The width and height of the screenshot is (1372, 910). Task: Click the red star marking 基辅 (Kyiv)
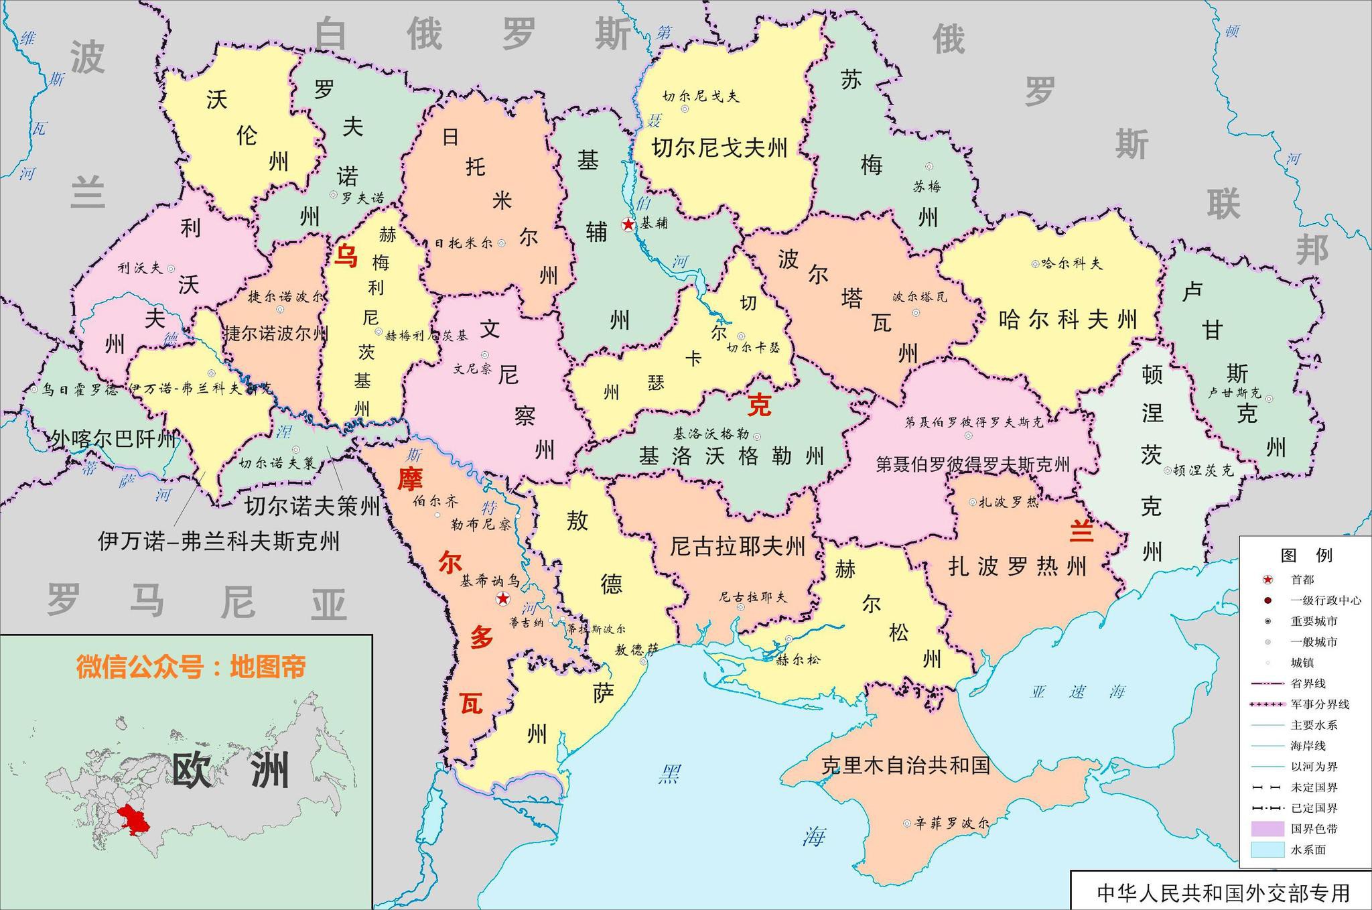(628, 224)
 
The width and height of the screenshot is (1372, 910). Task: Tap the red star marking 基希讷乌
(502, 598)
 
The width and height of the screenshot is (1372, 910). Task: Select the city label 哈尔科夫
(1072, 263)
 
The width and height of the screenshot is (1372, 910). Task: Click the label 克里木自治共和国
(906, 765)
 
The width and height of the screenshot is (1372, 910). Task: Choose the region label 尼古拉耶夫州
(738, 547)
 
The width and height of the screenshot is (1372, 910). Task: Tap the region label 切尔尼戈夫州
(719, 147)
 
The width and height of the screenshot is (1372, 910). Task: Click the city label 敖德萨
(636, 649)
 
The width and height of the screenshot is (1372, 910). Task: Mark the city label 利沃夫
(140, 268)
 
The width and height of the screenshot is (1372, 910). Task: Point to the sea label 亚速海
(1077, 692)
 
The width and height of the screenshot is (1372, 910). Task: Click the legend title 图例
(1306, 556)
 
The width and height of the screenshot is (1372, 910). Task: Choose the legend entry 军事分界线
(1320, 704)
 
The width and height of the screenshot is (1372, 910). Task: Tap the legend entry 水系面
(1308, 850)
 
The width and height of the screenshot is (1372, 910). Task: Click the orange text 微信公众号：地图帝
(191, 667)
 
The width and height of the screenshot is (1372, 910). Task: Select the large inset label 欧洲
(231, 771)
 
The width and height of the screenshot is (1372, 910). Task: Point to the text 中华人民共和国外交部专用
(1223, 893)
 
